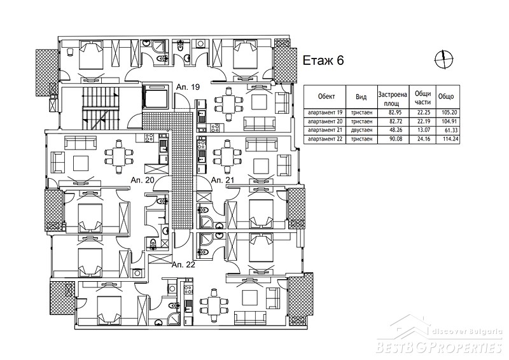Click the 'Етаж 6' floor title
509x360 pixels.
pyautogui.click(x=323, y=60)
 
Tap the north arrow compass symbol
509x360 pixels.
pyautogui.click(x=443, y=60)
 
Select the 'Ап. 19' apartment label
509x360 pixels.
pyautogui.click(x=188, y=87)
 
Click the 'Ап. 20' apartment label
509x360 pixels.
pyautogui.click(x=142, y=180)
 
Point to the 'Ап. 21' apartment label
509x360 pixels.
pyautogui.click(x=223, y=180)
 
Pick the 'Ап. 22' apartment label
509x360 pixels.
pyautogui.click(x=183, y=265)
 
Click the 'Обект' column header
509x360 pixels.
pyautogui.click(x=326, y=97)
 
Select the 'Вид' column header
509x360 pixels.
pyautogui.click(x=361, y=97)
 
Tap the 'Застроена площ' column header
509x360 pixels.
pyautogui.click(x=393, y=99)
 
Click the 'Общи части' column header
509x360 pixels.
pyautogui.click(x=422, y=98)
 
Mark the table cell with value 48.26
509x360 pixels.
pyautogui.click(x=393, y=130)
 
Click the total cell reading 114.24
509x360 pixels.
pyautogui.click(x=450, y=139)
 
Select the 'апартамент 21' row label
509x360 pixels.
pyautogui.click(x=325, y=130)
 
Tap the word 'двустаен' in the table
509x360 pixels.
pyautogui.click(x=361, y=130)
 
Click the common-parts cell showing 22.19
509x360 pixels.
pyautogui.click(x=422, y=121)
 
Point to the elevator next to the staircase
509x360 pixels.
pyautogui.click(x=156, y=97)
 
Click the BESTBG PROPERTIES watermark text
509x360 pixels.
pyautogui.click(x=439, y=347)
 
